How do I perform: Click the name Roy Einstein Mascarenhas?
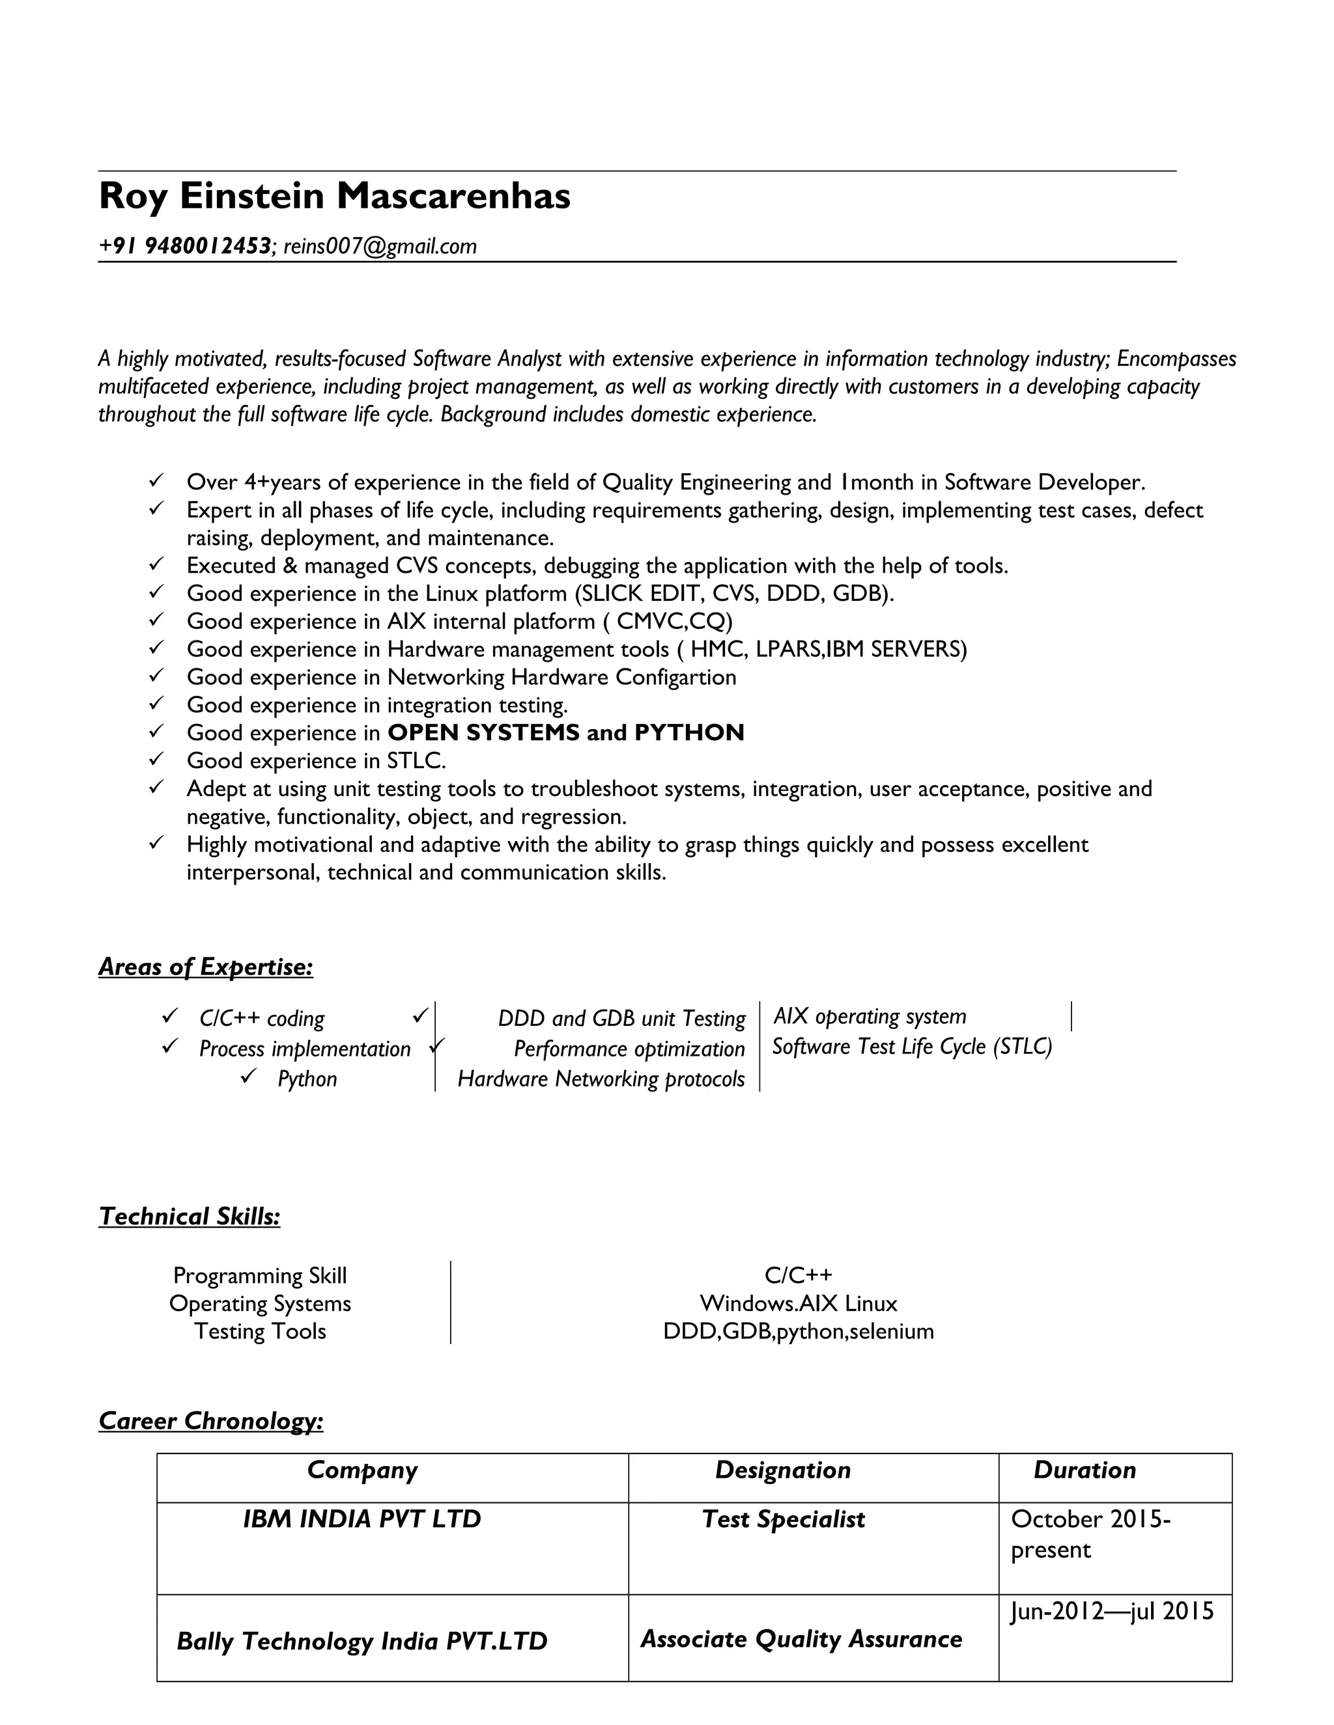pos(333,196)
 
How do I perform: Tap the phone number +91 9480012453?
pos(185,247)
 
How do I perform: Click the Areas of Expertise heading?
pos(205,967)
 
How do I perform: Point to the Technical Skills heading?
pos(190,1217)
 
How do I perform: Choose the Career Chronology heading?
pos(211,1421)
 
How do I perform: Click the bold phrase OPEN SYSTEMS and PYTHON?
pos(566,733)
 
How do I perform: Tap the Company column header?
pos(362,1470)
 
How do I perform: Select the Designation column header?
pos(782,1470)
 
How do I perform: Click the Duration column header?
pos(1085,1470)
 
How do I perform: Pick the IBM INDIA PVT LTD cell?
pos(362,1519)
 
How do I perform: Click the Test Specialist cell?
pos(783,1519)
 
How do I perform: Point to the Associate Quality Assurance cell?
pos(801,1639)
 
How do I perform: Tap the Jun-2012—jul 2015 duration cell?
pos(1111,1610)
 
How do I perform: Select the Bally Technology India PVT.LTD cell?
pos(362,1641)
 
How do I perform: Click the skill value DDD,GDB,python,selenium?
pos(798,1331)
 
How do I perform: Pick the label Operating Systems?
pos(260,1303)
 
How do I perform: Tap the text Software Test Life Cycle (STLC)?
pos(912,1047)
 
